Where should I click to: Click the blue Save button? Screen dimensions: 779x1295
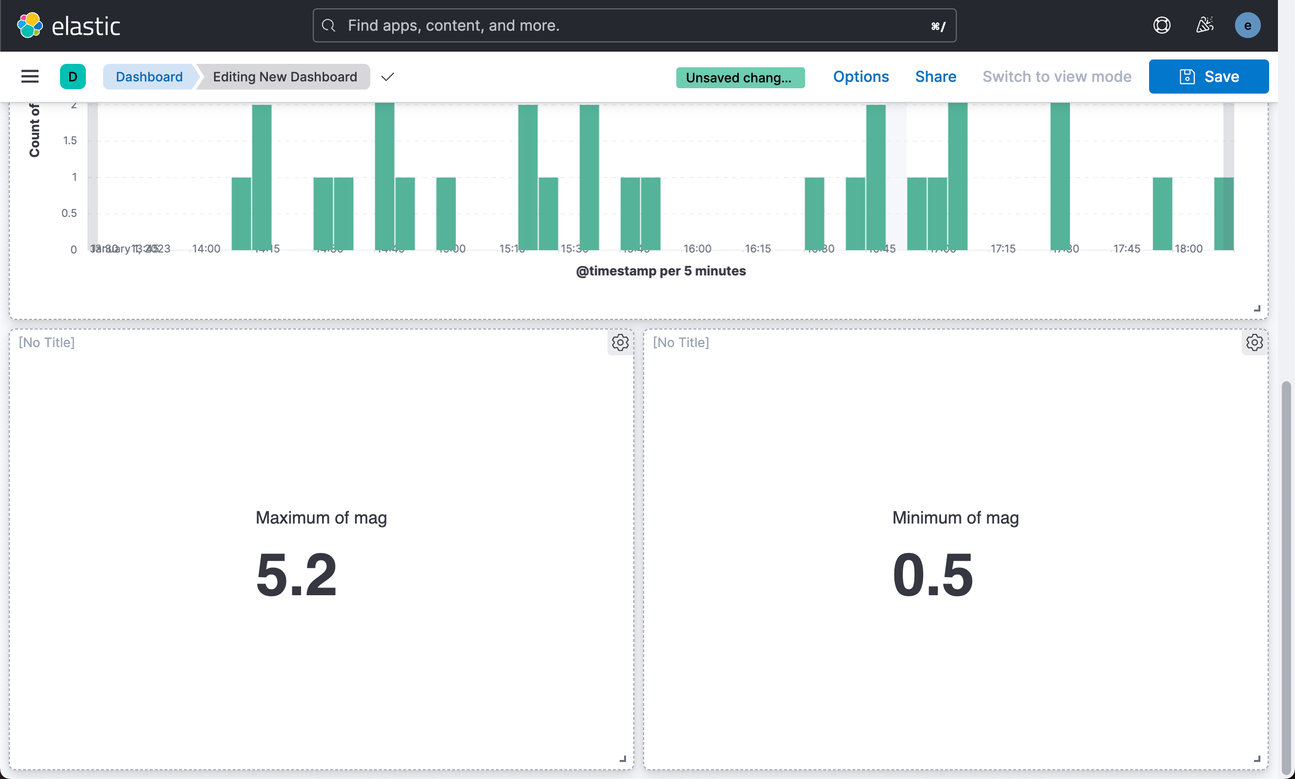coord(1208,77)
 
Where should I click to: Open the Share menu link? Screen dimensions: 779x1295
coord(935,77)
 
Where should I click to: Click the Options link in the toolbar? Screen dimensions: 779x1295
coord(861,77)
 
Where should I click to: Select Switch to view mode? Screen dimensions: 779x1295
coord(1056,77)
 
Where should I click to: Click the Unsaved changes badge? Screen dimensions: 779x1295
coord(740,78)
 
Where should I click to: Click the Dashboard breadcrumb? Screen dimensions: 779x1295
coord(149,77)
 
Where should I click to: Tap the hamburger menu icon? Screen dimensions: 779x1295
coord(30,77)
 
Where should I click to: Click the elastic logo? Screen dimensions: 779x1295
coord(69,25)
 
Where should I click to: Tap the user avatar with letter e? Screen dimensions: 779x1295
coord(1247,25)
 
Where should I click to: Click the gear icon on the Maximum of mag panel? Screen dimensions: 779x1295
coord(620,342)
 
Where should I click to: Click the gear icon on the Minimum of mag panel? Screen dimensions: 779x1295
coord(1254,342)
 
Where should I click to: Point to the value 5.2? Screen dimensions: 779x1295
coord(296,575)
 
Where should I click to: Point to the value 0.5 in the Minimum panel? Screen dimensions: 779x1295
coord(932,575)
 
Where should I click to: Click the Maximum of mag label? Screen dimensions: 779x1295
coord(321,518)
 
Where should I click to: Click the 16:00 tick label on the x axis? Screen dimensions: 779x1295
coord(697,249)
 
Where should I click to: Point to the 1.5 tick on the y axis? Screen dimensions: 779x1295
coord(70,140)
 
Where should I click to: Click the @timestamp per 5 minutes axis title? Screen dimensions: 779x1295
coord(660,271)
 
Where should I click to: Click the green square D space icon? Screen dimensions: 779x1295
coord(73,77)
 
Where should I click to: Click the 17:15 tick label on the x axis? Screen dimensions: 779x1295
coord(1003,249)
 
